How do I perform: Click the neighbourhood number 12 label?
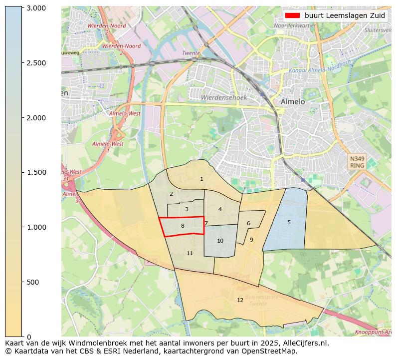tap(240, 300)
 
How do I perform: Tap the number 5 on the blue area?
tap(289, 222)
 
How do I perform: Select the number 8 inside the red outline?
tap(183, 226)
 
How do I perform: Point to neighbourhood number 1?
tap(201, 179)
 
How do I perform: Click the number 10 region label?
tap(220, 241)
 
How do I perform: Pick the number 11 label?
tap(190, 254)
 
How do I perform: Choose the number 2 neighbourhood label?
tap(171, 194)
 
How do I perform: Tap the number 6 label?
tap(248, 223)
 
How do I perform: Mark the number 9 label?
tap(251, 240)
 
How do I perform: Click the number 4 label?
tap(220, 209)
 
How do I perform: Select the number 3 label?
tap(187, 210)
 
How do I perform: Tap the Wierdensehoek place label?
tap(223, 98)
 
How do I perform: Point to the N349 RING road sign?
tap(357, 162)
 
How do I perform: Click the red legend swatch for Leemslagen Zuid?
tap(293, 15)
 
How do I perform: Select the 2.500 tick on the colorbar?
tap(36, 63)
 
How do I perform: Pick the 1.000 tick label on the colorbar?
tap(36, 227)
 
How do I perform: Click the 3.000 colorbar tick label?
tap(36, 8)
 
